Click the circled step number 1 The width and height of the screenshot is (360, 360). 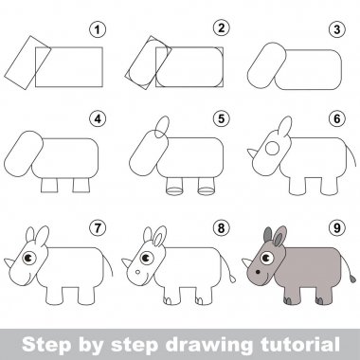click(x=98, y=29)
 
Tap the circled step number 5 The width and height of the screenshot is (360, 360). click(x=221, y=118)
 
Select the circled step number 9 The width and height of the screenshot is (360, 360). click(x=337, y=227)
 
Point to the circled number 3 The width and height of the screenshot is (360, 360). click(x=337, y=29)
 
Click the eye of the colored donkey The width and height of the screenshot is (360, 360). click(x=267, y=258)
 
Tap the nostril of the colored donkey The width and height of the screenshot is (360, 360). click(x=258, y=272)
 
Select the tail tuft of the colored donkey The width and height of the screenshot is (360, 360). click(x=352, y=279)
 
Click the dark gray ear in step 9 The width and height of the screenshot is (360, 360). click(x=268, y=234)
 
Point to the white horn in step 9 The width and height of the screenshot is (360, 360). click(x=246, y=262)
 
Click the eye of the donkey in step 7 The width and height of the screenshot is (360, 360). click(x=29, y=258)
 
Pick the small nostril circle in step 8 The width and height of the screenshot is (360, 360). click(x=137, y=272)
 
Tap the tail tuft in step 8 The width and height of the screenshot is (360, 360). click(x=232, y=279)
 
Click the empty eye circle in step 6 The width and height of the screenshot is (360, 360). click(x=272, y=149)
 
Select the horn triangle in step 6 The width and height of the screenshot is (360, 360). click(x=252, y=153)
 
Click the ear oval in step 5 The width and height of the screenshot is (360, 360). click(x=162, y=127)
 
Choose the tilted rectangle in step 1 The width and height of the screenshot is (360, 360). click(x=27, y=63)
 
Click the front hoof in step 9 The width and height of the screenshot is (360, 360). click(x=288, y=300)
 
